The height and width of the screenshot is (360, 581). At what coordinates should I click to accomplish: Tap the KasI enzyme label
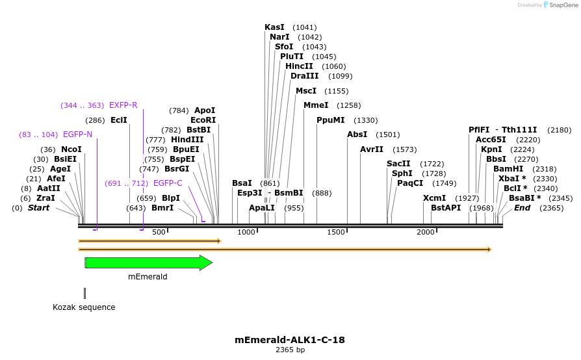[x=274, y=27]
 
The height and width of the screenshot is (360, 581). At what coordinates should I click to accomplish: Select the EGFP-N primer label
[x=77, y=135]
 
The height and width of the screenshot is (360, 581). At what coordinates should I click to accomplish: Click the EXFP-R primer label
[x=123, y=105]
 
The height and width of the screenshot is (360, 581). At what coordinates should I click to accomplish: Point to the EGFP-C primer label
[x=168, y=183]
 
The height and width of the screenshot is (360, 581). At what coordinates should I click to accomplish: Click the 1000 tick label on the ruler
[x=247, y=233]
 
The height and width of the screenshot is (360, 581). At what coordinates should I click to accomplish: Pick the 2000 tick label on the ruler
[x=426, y=233]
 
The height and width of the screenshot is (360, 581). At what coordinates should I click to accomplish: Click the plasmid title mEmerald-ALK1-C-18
[x=290, y=340]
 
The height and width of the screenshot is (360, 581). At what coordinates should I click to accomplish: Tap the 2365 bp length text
[x=290, y=350]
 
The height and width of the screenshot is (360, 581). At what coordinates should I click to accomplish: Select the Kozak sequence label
[x=84, y=307]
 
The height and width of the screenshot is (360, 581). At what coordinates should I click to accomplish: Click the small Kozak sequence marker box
[x=84, y=293]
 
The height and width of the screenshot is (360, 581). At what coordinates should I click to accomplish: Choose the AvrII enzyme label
[x=372, y=149]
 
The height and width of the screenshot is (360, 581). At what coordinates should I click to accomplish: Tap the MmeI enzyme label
[x=316, y=105]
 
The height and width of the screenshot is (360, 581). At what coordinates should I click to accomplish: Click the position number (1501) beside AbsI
[x=387, y=135]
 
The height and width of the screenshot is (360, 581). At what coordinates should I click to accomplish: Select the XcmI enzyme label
[x=435, y=198]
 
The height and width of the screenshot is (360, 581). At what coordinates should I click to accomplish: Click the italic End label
[x=522, y=208]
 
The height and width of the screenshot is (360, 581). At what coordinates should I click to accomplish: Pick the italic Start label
[x=38, y=208]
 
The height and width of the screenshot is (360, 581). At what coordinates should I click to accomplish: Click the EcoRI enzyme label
[x=203, y=120]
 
